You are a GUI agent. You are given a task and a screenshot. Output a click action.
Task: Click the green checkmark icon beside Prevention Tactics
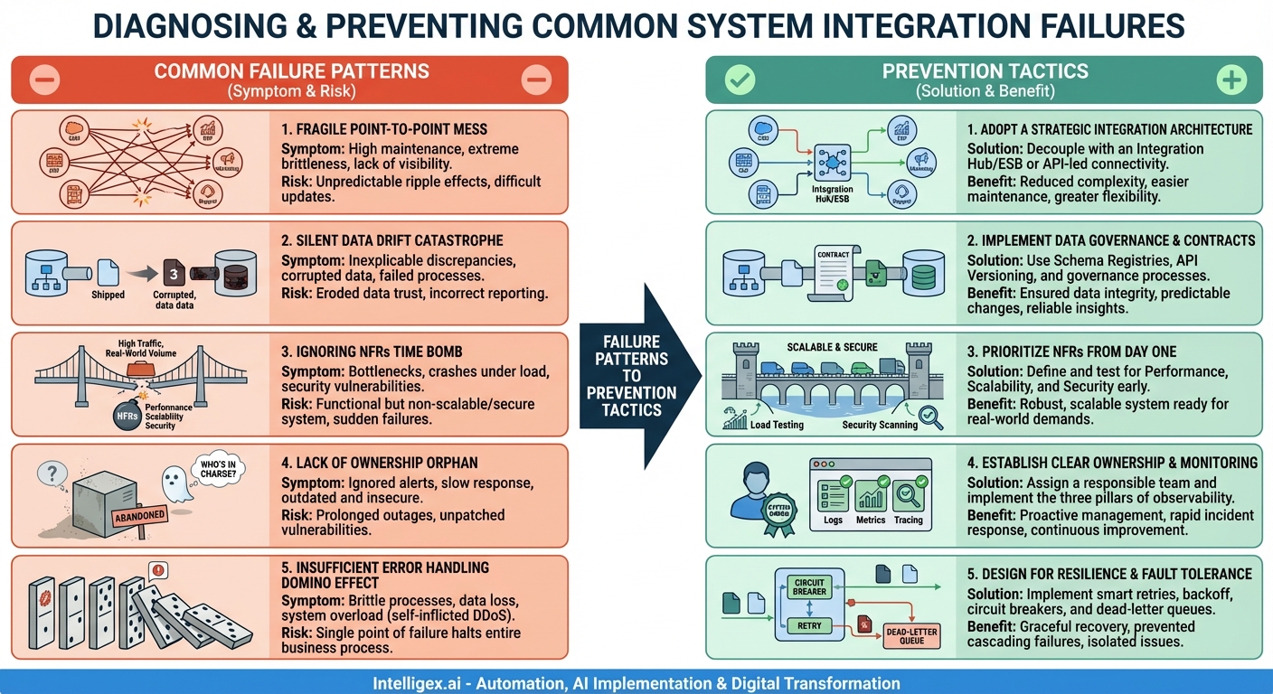(x=740, y=80)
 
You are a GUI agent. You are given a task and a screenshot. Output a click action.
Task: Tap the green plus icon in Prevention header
(x=1231, y=80)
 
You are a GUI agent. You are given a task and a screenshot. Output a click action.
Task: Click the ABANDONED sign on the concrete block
(x=138, y=516)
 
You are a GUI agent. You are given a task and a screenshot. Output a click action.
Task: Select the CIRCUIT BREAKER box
(x=809, y=586)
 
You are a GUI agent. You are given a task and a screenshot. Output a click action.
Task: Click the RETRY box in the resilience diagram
(x=809, y=625)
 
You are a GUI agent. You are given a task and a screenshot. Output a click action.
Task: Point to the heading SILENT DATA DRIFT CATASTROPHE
(x=391, y=241)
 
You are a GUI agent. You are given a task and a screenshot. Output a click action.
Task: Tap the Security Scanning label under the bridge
(x=879, y=425)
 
